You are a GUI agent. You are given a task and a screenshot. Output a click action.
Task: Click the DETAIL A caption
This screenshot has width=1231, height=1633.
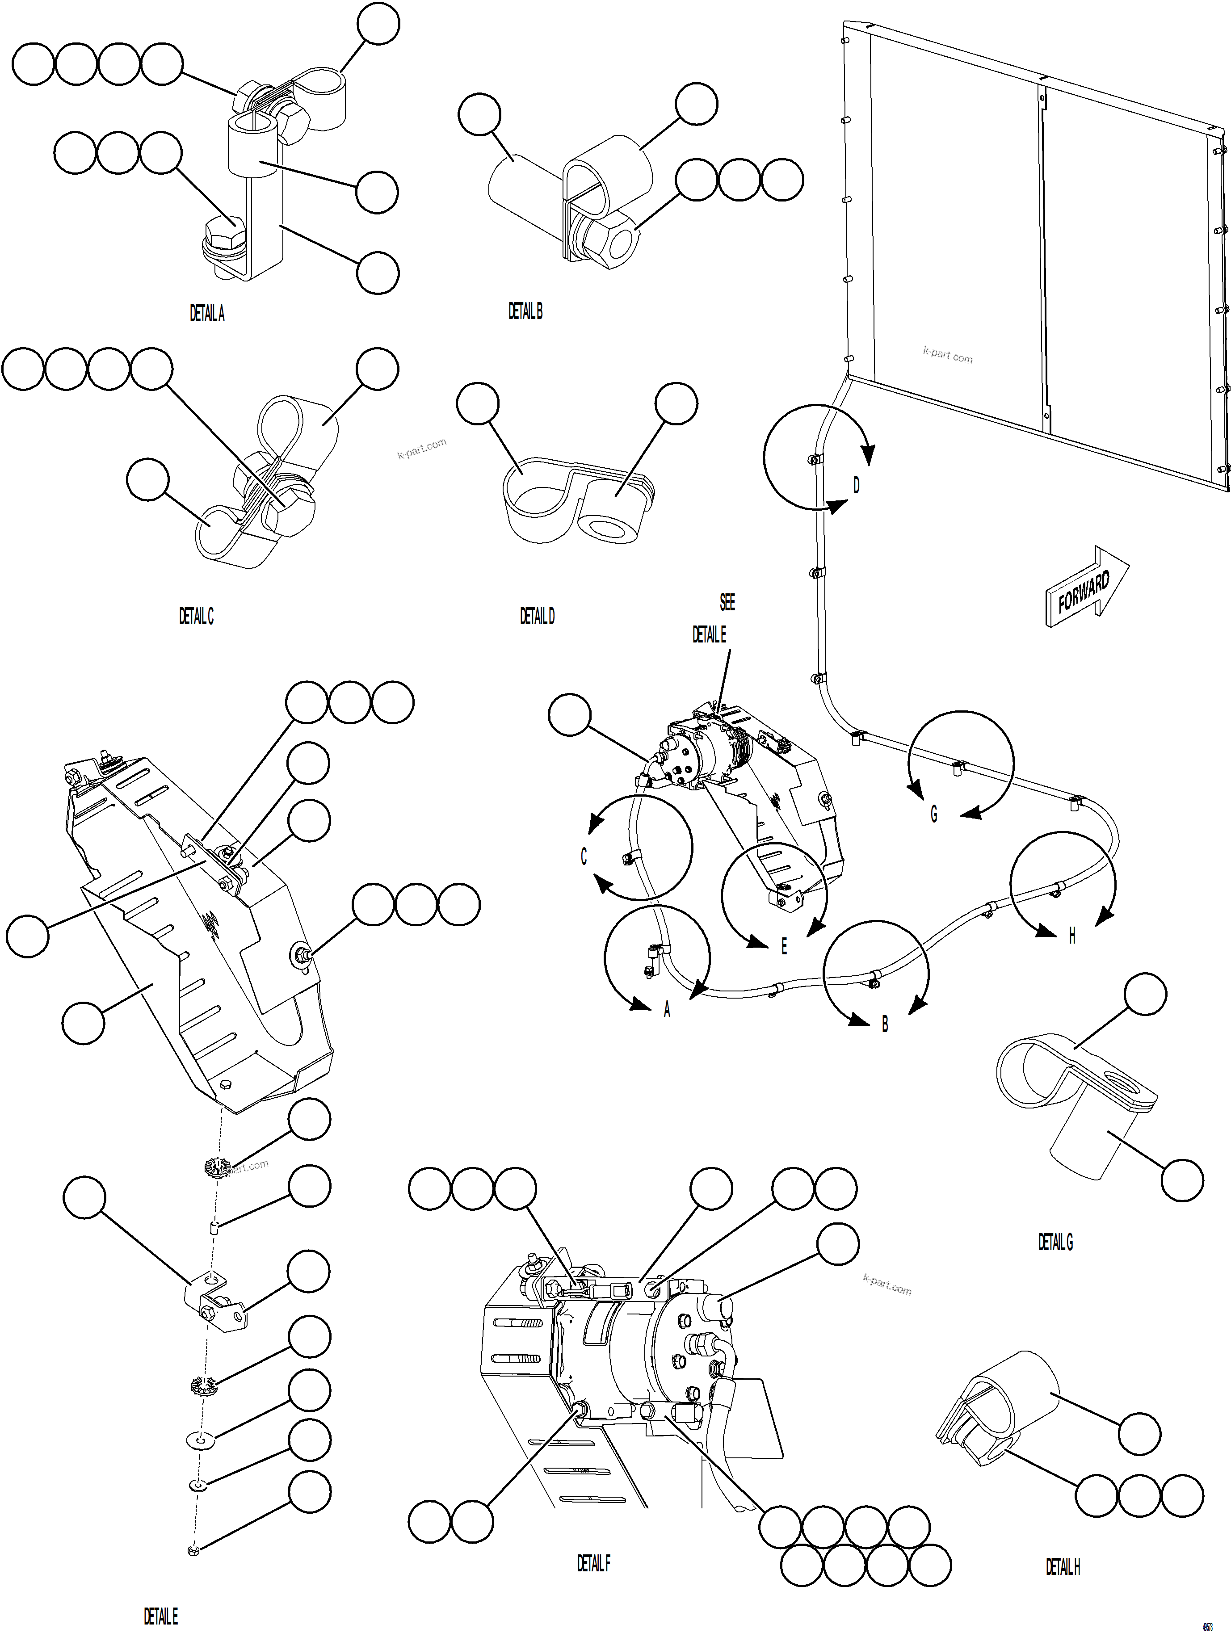[207, 314]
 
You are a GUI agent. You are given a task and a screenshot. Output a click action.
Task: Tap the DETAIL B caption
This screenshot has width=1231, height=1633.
[525, 311]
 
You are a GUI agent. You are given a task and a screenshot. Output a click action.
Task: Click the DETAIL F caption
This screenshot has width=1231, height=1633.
[593, 1563]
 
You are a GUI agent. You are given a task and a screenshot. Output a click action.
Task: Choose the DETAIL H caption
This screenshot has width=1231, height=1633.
[1063, 1566]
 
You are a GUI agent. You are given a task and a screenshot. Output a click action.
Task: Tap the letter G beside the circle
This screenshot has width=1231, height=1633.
[933, 814]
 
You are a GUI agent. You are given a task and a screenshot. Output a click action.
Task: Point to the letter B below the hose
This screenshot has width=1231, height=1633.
[885, 1024]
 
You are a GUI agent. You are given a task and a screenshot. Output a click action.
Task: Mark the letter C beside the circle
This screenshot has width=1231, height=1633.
[584, 856]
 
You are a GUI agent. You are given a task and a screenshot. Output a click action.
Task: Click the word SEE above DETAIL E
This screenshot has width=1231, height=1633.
[727, 602]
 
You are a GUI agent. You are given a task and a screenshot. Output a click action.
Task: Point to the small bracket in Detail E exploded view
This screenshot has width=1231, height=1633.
[214, 1307]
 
